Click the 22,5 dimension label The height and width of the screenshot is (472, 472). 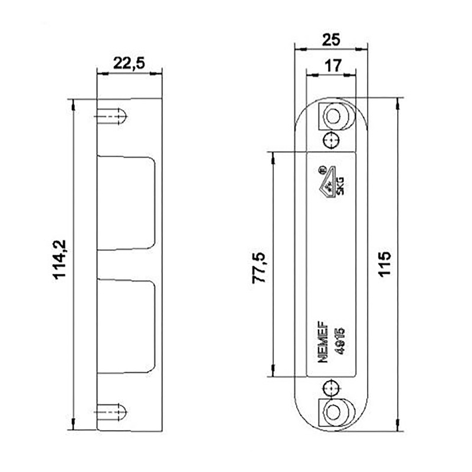(129, 63)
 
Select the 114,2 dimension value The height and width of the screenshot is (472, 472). (60, 260)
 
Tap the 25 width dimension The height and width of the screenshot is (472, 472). (331, 40)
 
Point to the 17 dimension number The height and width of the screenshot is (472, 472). (333, 65)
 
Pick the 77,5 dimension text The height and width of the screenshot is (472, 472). (259, 268)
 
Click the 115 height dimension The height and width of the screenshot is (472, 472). (385, 264)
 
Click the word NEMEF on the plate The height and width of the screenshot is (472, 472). (323, 342)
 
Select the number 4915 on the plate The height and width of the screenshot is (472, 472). (340, 342)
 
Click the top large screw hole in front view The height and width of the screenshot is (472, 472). (333, 116)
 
